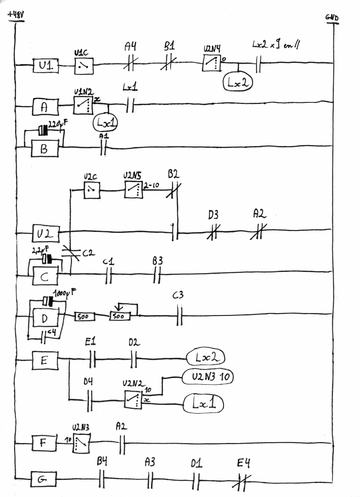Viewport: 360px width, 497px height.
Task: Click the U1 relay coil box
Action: (46, 66)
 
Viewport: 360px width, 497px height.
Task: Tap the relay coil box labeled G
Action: (43, 480)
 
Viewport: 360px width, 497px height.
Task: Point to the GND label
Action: (332, 18)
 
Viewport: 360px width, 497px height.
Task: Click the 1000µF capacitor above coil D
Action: (48, 301)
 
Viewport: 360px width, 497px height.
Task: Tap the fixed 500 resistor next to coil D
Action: (84, 316)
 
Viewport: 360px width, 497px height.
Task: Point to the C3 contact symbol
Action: (179, 316)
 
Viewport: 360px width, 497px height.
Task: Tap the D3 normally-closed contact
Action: (212, 232)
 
